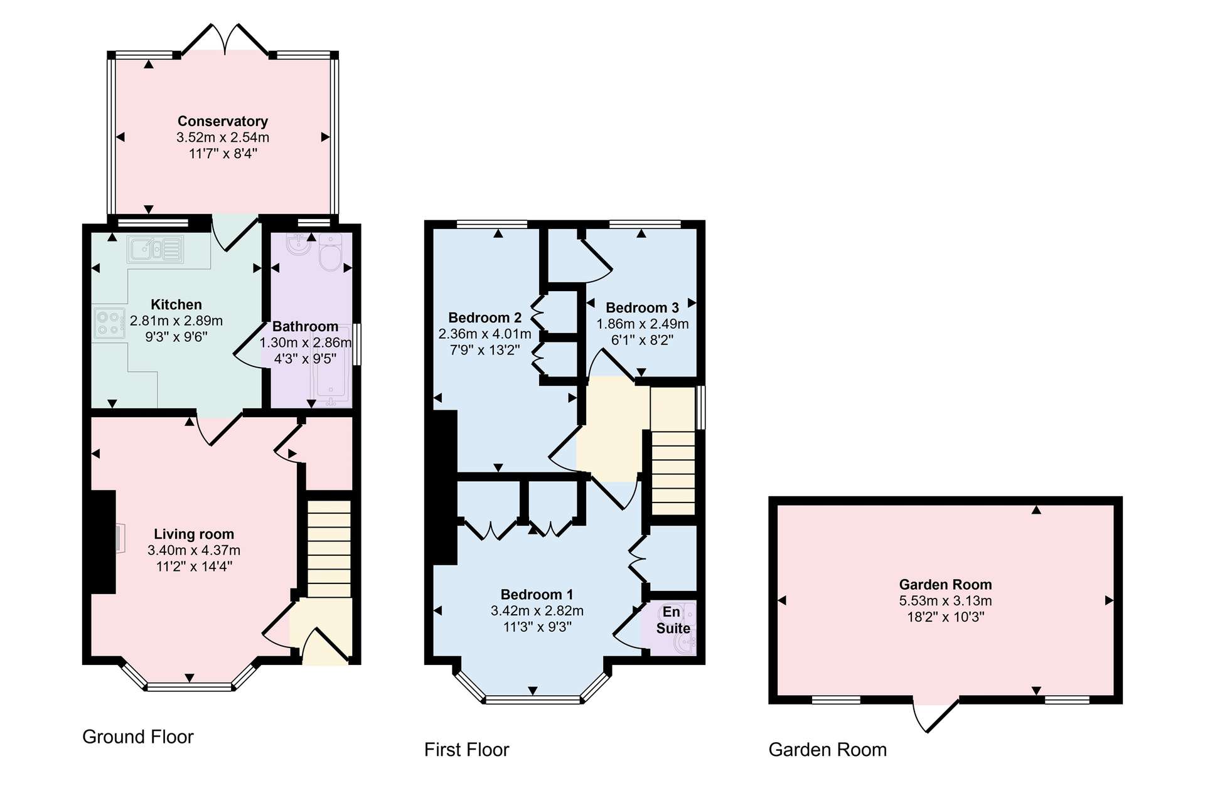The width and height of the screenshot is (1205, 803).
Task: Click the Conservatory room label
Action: pyautogui.click(x=223, y=121)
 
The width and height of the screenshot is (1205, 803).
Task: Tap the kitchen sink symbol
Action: pyautogui.click(x=156, y=249)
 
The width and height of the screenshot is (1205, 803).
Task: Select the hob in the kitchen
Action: pyautogui.click(x=109, y=323)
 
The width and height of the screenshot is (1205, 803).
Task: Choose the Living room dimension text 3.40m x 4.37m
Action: pyautogui.click(x=194, y=550)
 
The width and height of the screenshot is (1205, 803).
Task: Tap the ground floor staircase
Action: pyautogui.click(x=329, y=548)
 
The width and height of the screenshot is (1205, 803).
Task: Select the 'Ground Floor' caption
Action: pyautogui.click(x=138, y=737)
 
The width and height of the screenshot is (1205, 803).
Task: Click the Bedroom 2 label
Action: pyautogui.click(x=485, y=317)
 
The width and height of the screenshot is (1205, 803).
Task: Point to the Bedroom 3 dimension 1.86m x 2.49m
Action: pyautogui.click(x=642, y=324)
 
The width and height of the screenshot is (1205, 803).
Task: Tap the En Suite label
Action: pyautogui.click(x=672, y=620)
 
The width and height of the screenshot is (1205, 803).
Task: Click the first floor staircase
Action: pyautogui.click(x=673, y=451)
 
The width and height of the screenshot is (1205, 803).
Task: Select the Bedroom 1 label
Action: pyautogui.click(x=537, y=594)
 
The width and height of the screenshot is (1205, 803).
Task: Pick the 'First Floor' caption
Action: pyautogui.click(x=466, y=749)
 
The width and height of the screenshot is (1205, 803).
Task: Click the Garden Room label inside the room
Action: pyautogui.click(x=945, y=584)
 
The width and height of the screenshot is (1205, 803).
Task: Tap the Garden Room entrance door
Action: pyautogui.click(x=937, y=715)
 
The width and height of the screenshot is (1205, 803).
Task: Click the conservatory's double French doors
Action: pyautogui.click(x=225, y=40)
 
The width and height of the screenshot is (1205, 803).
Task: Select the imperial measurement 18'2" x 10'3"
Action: pyautogui.click(x=945, y=617)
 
